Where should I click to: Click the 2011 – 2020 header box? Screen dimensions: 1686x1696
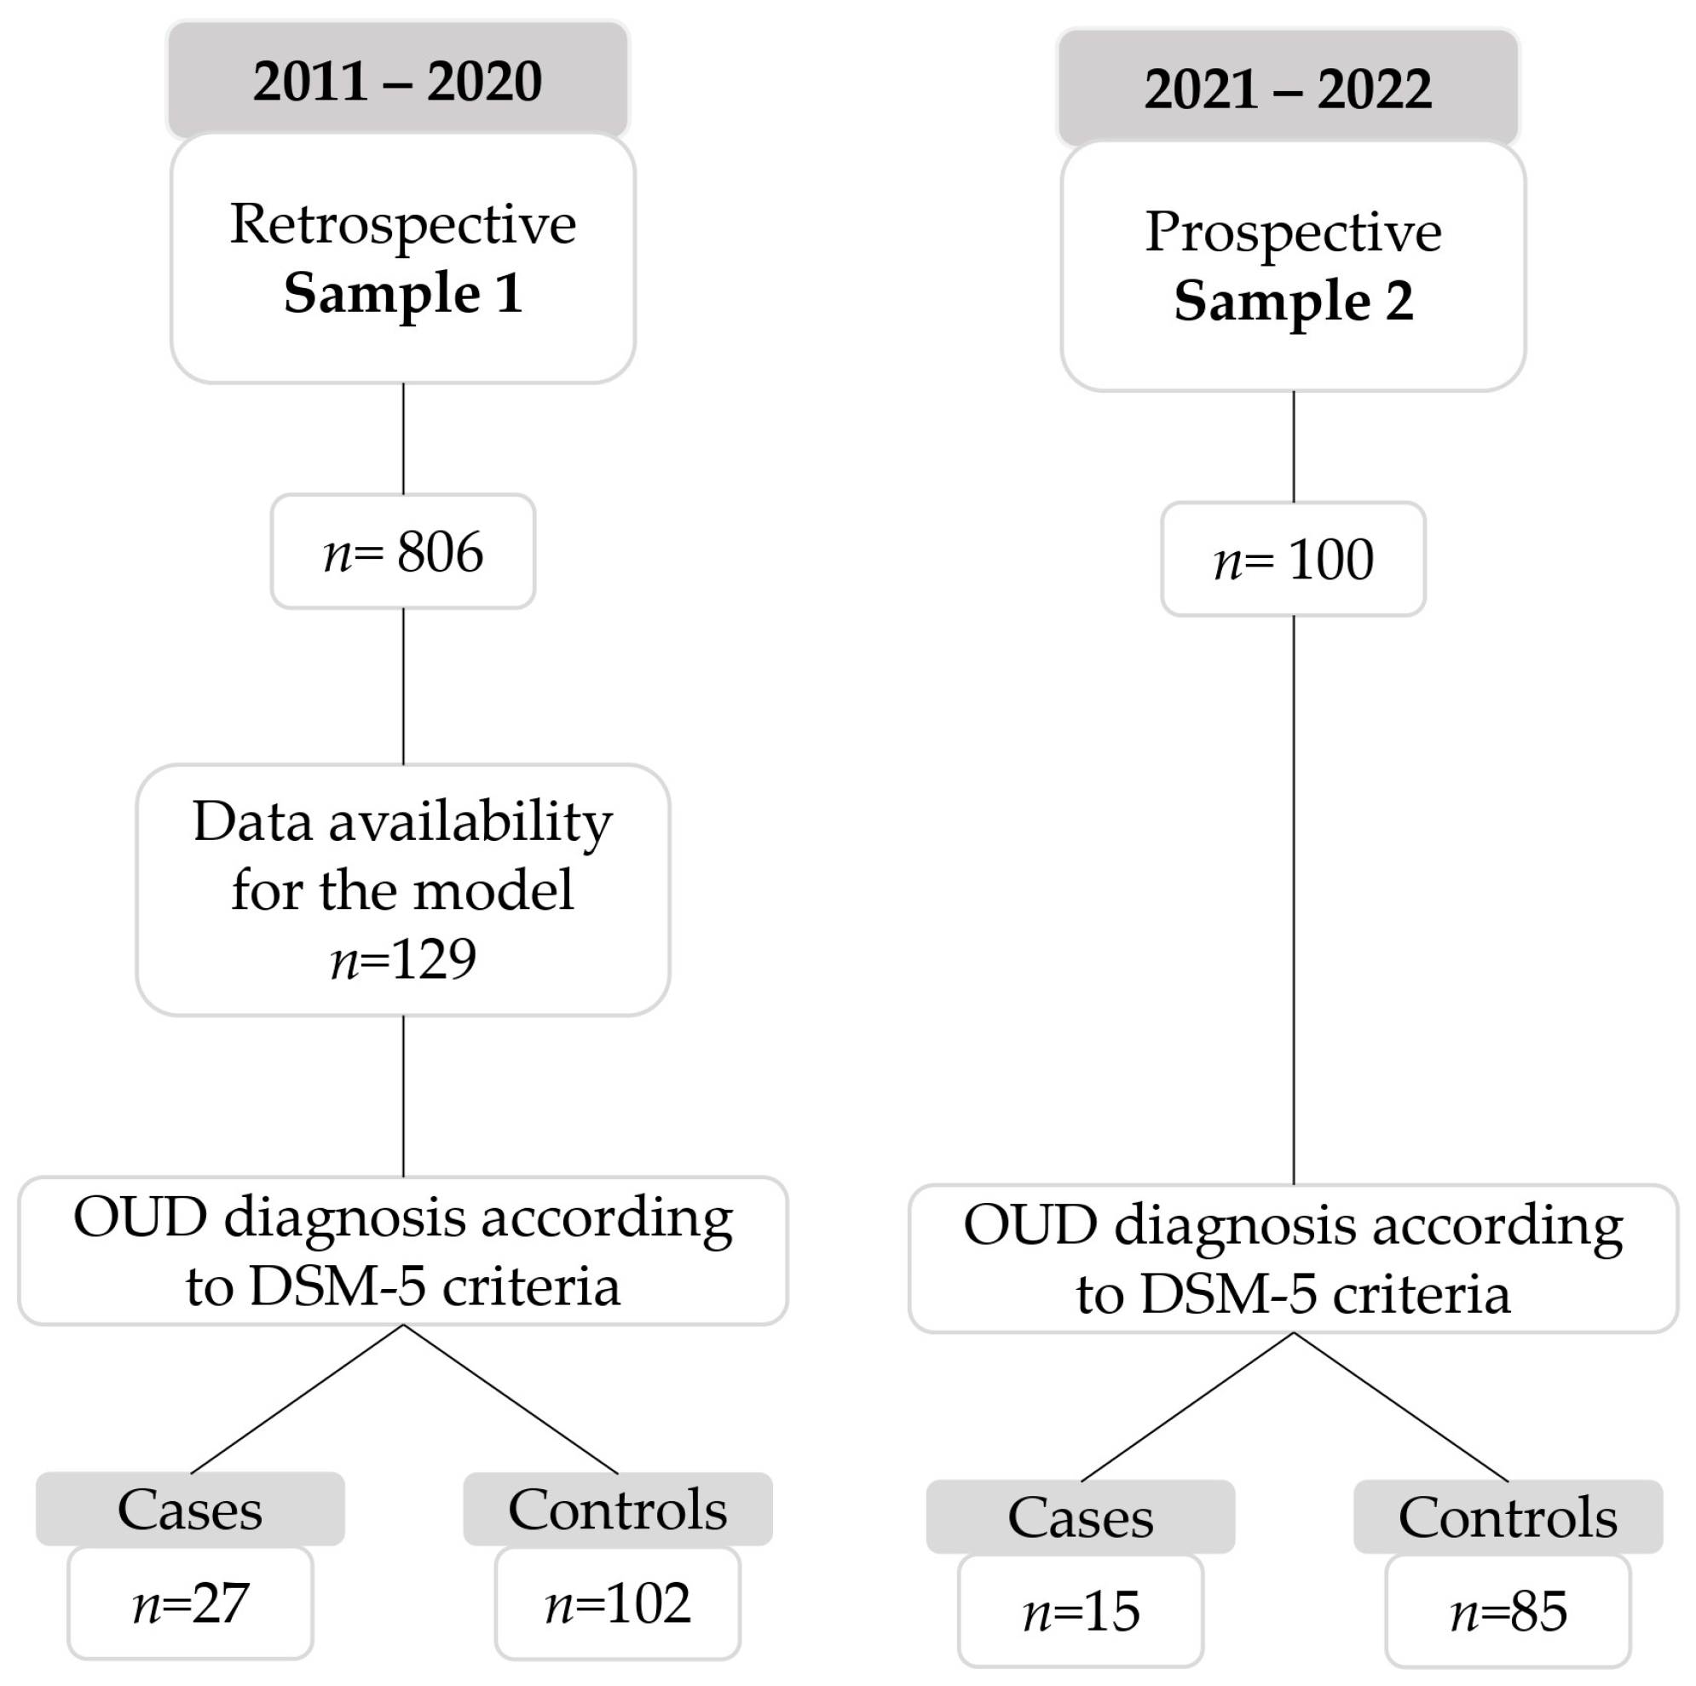click(x=398, y=81)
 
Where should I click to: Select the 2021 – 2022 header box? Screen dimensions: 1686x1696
click(x=1288, y=89)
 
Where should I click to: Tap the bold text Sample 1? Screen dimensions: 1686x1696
click(x=403, y=293)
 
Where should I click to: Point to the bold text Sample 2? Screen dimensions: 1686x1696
click(x=1293, y=301)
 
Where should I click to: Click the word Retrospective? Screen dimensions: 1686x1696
click(x=403, y=225)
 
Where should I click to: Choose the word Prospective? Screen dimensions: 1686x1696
click(x=1293, y=233)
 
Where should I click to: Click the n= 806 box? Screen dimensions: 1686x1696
click(x=403, y=552)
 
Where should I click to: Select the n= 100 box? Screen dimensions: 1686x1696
click(x=1293, y=560)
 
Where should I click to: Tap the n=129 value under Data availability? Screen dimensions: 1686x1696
click(x=403, y=958)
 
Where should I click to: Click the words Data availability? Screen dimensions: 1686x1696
click(x=403, y=822)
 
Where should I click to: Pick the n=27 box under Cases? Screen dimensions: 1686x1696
click(x=191, y=1603)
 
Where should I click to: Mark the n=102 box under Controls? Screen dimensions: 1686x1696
click(x=618, y=1603)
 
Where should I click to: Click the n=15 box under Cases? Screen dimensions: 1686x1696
click(x=1081, y=1611)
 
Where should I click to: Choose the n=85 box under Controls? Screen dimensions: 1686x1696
click(x=1509, y=1611)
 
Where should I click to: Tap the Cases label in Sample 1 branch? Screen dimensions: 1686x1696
click(x=191, y=1510)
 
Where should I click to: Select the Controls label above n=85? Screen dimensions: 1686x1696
click(x=1509, y=1517)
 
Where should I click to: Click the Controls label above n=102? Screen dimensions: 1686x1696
click(x=618, y=1510)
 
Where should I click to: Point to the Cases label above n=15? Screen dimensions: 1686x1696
click(x=1081, y=1517)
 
